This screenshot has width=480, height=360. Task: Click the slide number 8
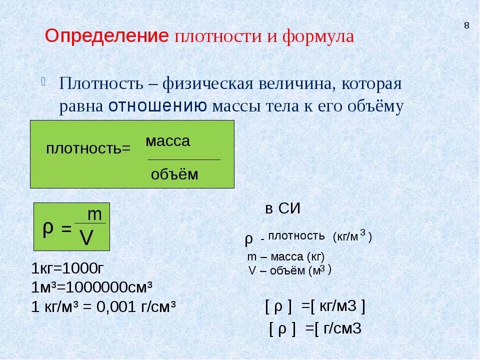pyautogui.click(x=466, y=25)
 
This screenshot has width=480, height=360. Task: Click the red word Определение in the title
pyautogui.click(x=106, y=36)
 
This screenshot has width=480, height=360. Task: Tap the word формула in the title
pyautogui.click(x=318, y=36)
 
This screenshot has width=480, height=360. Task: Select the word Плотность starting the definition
pyautogui.click(x=101, y=83)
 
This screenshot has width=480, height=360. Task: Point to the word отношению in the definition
pyautogui.click(x=157, y=106)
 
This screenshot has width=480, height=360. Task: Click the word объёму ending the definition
pyautogui.click(x=375, y=106)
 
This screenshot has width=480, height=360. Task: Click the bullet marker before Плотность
pyautogui.click(x=44, y=81)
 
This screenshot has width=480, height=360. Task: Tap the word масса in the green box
pyautogui.click(x=168, y=141)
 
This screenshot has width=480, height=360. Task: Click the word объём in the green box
pyautogui.click(x=174, y=174)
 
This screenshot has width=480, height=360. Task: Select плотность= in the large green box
pyautogui.click(x=88, y=149)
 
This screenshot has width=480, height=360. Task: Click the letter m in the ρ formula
pyautogui.click(x=94, y=214)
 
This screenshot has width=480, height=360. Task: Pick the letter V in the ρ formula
pyautogui.click(x=86, y=238)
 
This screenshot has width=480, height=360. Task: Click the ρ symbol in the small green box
pyautogui.click(x=48, y=228)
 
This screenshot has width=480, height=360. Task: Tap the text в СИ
pyautogui.click(x=282, y=209)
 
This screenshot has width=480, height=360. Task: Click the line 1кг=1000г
pyautogui.click(x=67, y=268)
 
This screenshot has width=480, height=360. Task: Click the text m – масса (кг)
pyautogui.click(x=286, y=257)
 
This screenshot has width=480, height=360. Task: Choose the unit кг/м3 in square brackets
pyautogui.click(x=338, y=306)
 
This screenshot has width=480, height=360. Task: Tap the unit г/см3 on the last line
pyautogui.click(x=342, y=328)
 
